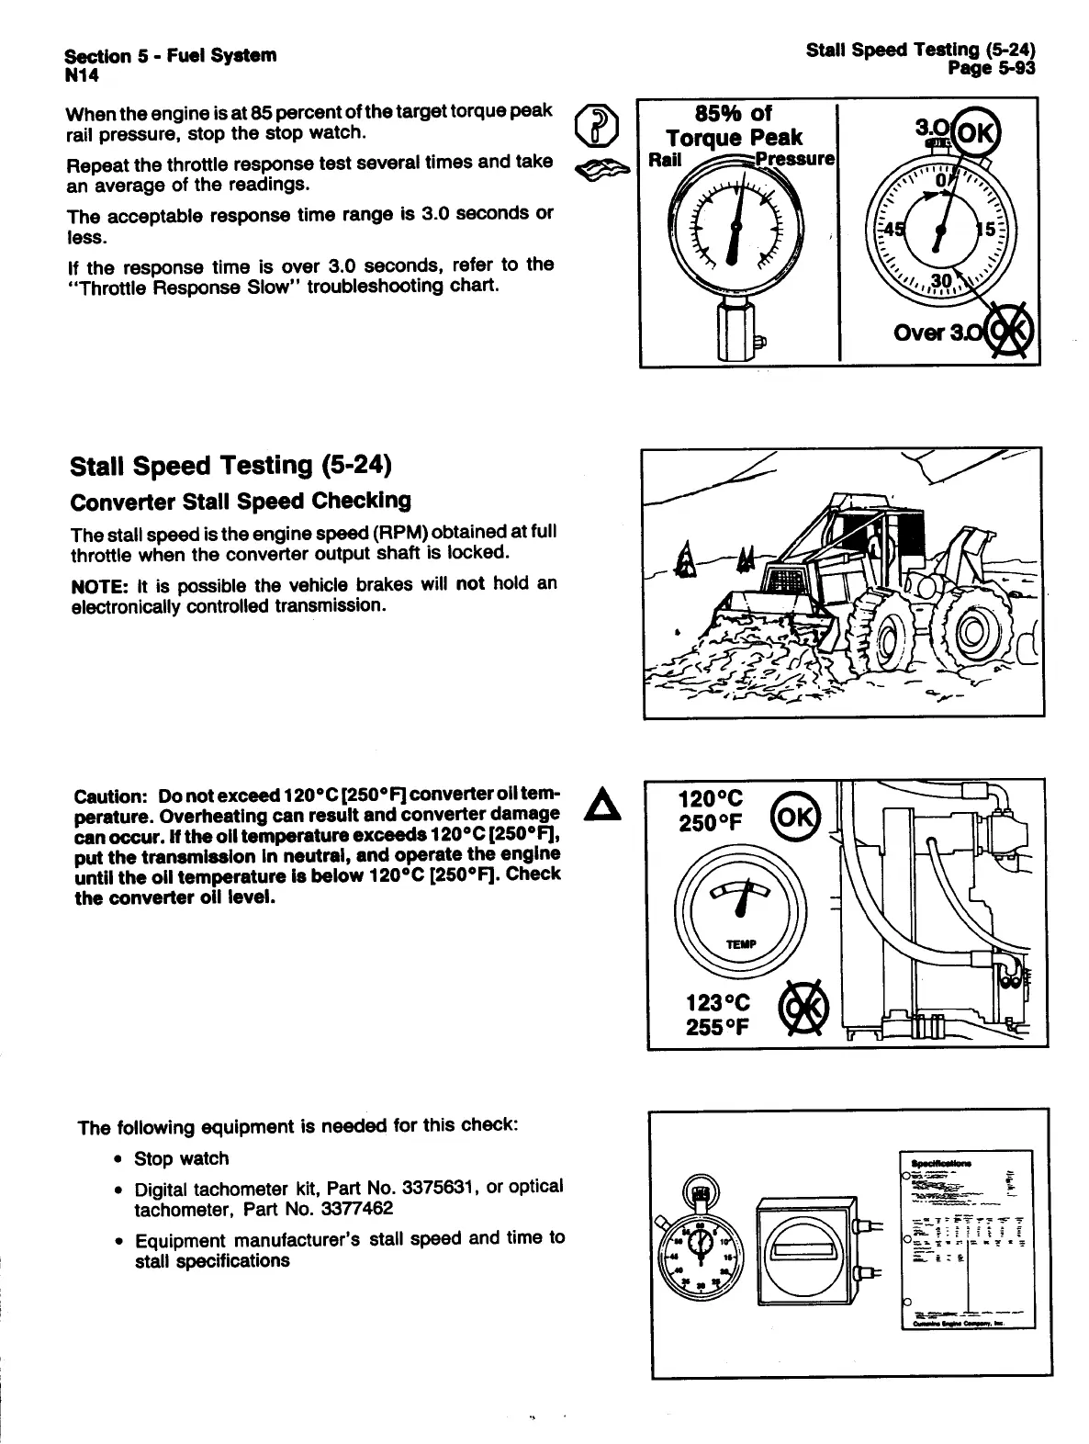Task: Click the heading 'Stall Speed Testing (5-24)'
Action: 230,466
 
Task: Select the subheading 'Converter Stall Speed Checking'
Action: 240,502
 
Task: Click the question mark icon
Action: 595,127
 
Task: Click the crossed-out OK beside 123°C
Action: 801,1009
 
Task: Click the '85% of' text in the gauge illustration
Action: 735,113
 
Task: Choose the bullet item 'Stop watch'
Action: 181,1159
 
